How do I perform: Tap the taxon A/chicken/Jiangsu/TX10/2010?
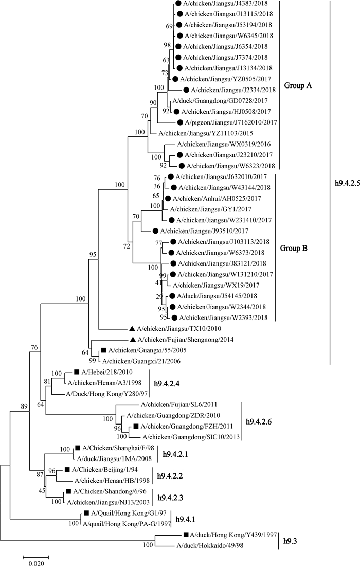(x=174, y=328)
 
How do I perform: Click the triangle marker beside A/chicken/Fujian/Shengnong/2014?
(x=132, y=340)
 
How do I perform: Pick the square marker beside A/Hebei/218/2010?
(x=76, y=373)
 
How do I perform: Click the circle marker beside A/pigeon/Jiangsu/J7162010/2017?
(x=179, y=122)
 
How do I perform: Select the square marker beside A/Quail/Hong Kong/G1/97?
(x=85, y=514)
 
